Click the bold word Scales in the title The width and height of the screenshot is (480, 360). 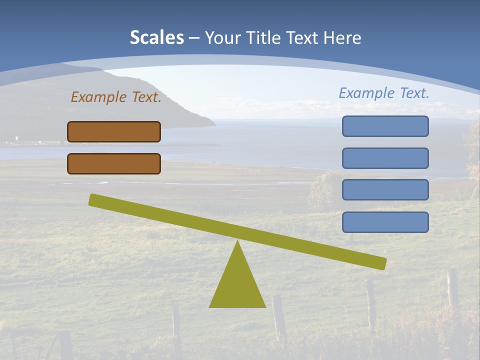(157, 38)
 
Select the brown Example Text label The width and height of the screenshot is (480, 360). (116, 97)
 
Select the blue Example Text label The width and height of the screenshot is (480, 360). (384, 93)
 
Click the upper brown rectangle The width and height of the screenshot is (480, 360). (114, 132)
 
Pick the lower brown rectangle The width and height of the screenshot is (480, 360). (114, 164)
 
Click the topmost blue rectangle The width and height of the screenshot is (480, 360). (385, 126)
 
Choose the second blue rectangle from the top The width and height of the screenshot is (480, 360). (385, 158)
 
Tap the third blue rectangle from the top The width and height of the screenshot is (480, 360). (385, 190)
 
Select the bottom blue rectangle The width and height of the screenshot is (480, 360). (385, 222)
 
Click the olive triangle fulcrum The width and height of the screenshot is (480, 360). (237, 282)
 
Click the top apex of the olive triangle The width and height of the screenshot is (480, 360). (237, 242)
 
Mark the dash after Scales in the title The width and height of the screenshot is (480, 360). (194, 38)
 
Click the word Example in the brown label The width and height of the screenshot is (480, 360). (98, 97)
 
